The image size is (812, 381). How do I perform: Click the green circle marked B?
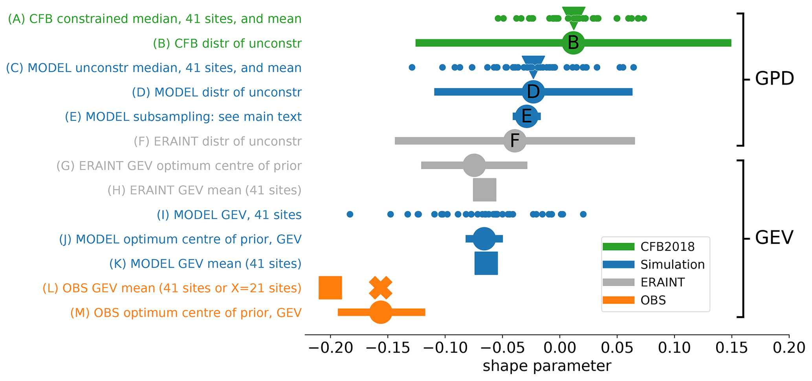[x=573, y=43]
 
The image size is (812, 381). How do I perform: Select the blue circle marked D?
[x=533, y=92]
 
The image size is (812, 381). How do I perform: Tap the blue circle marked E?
[x=526, y=116]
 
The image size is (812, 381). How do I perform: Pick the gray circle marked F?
[x=515, y=140]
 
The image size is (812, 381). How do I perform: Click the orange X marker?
[x=381, y=288]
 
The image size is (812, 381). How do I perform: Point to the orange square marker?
[x=330, y=288]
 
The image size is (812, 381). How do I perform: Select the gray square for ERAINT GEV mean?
[x=484, y=190]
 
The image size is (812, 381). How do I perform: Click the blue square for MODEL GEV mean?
[x=486, y=263]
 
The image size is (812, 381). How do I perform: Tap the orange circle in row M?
[x=380, y=312]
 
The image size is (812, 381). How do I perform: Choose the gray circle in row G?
[x=474, y=165]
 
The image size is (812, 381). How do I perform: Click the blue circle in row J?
[x=484, y=239]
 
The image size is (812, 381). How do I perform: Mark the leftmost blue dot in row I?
[x=350, y=214]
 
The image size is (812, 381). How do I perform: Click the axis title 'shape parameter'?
[x=547, y=366]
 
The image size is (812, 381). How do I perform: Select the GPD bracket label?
[x=774, y=79]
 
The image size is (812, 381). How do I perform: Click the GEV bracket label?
[x=774, y=238]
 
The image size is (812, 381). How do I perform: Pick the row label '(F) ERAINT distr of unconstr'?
[x=218, y=141]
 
